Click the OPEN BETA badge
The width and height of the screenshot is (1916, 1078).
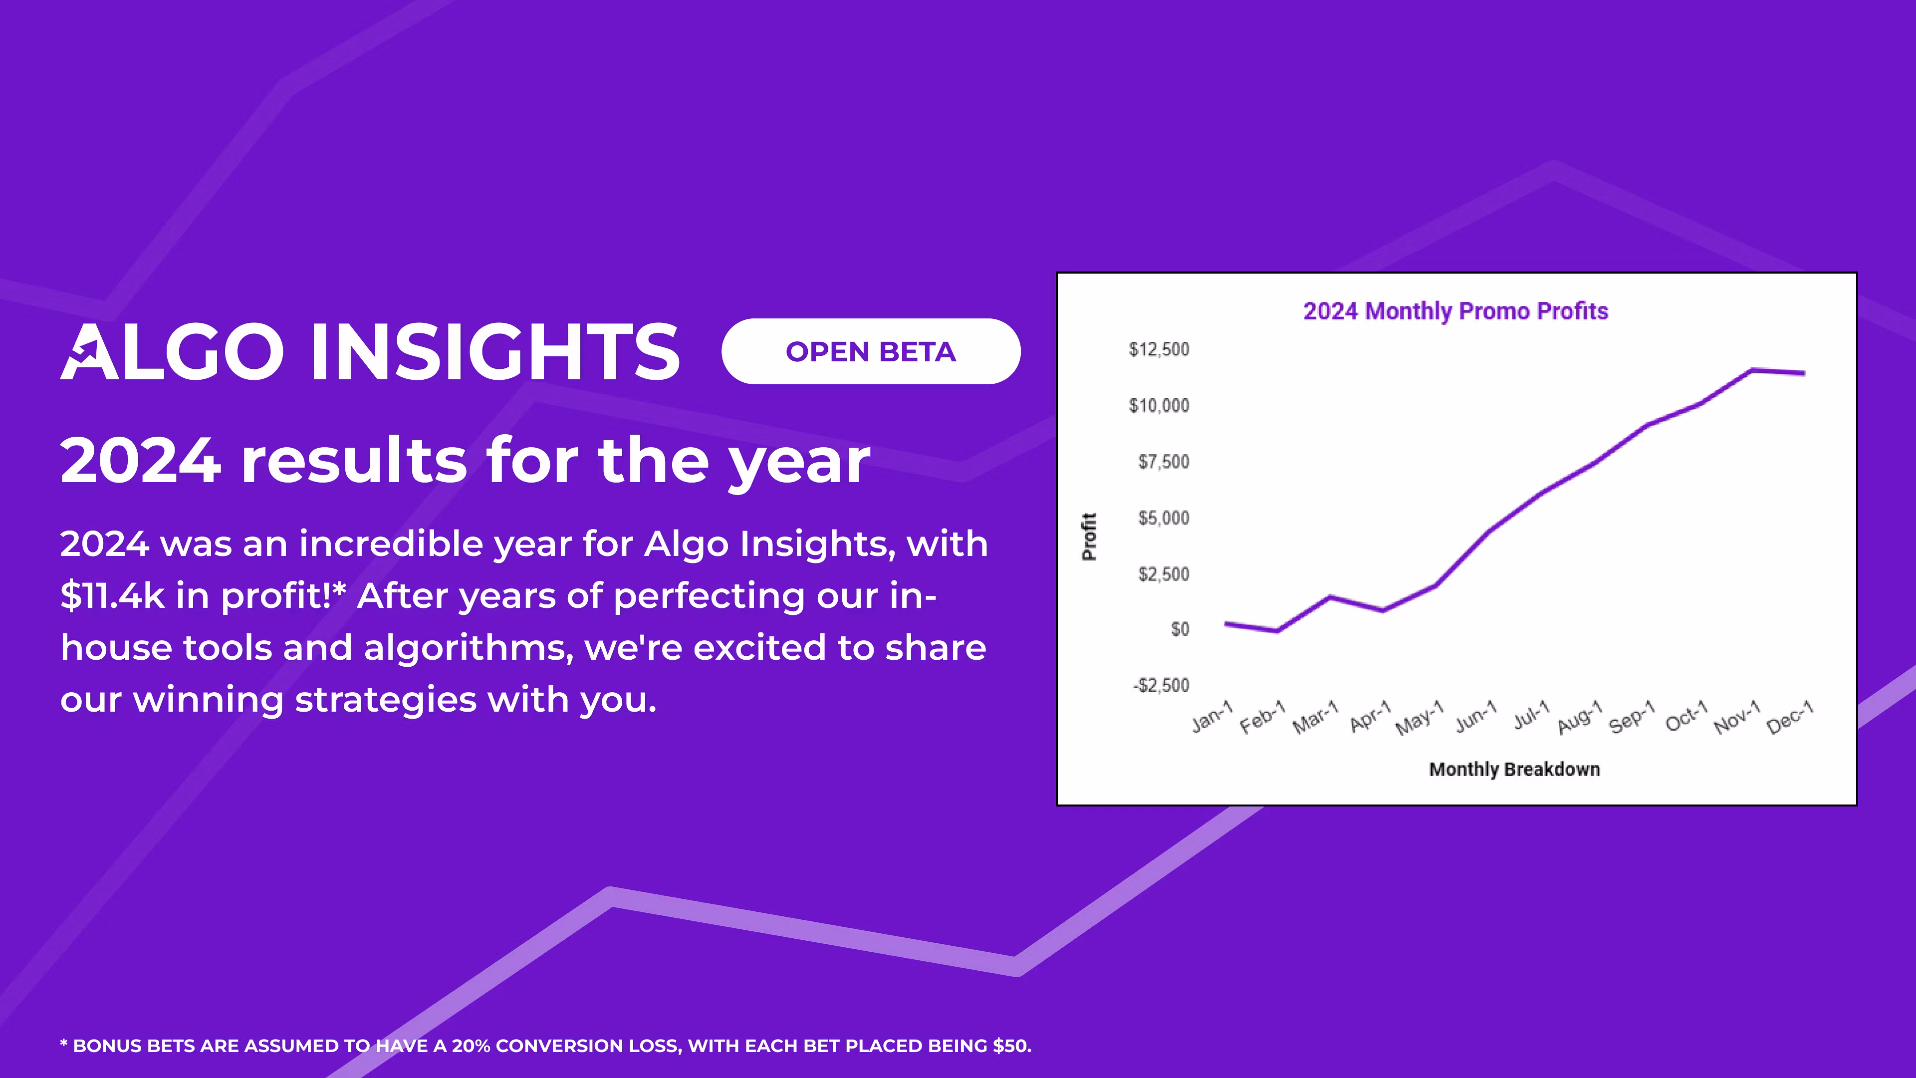(870, 351)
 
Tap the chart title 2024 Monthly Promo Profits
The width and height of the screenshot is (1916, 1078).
(1455, 311)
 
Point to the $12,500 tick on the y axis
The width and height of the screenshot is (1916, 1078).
(1159, 349)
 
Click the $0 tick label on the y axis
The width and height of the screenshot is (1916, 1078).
(1180, 629)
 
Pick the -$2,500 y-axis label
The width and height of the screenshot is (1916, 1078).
(1160, 685)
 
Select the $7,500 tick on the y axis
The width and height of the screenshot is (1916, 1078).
(1163, 461)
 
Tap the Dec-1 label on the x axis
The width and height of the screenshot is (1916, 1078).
(1790, 717)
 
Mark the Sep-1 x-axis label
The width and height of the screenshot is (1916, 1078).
(1631, 717)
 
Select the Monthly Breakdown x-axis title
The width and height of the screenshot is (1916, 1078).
(1514, 769)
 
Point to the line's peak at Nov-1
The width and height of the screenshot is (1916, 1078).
(1752, 370)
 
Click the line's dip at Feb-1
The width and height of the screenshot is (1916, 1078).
(1277, 631)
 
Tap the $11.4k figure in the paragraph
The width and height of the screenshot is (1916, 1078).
(112, 596)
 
